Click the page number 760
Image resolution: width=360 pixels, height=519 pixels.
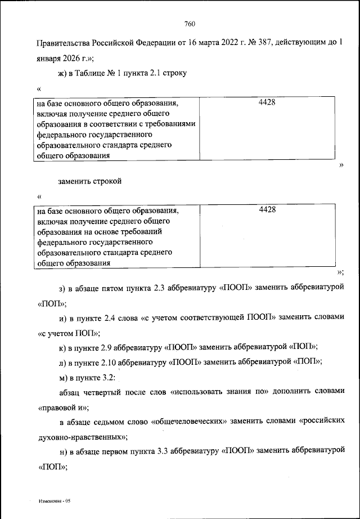click(x=189, y=24)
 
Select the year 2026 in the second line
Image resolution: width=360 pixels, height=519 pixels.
click(x=70, y=58)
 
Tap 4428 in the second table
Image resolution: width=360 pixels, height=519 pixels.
click(x=267, y=209)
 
